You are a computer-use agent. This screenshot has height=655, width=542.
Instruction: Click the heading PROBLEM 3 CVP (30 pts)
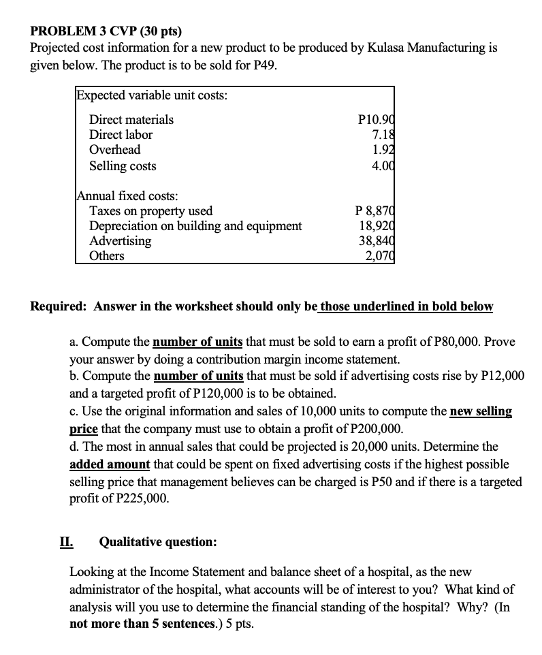click(x=106, y=31)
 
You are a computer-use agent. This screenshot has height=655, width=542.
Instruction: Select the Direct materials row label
click(x=131, y=120)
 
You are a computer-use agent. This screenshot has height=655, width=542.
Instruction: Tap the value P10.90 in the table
click(x=375, y=120)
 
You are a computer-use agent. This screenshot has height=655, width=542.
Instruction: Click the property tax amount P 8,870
click(x=374, y=211)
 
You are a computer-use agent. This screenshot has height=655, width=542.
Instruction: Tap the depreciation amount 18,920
click(x=377, y=226)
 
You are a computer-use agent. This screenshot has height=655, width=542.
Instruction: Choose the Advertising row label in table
click(x=121, y=241)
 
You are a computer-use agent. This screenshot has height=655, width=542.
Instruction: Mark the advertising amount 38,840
click(x=377, y=241)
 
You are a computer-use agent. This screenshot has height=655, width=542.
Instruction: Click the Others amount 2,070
click(x=379, y=256)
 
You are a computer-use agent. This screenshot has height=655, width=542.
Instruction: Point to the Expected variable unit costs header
click(x=152, y=95)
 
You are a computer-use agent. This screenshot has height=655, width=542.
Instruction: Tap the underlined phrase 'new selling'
click(x=481, y=412)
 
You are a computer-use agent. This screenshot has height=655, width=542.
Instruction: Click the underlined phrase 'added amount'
click(x=110, y=464)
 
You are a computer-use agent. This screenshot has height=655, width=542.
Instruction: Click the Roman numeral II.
click(x=66, y=542)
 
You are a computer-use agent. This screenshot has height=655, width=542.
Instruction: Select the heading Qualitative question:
click(x=158, y=542)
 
